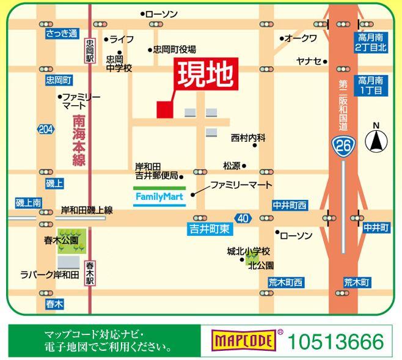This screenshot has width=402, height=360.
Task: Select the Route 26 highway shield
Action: (x=342, y=146)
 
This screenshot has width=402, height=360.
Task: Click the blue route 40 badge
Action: (x=243, y=218)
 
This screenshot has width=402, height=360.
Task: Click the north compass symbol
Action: (x=376, y=141)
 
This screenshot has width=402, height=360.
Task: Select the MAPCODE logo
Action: (x=242, y=339)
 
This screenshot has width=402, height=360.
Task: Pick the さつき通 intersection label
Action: (x=62, y=34)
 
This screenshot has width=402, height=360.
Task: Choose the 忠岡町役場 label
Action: (x=174, y=50)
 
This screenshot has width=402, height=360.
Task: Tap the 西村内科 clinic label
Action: (x=248, y=139)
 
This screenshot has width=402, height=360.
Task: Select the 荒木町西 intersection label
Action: (x=285, y=282)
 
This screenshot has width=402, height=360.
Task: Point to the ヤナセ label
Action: (x=309, y=61)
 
